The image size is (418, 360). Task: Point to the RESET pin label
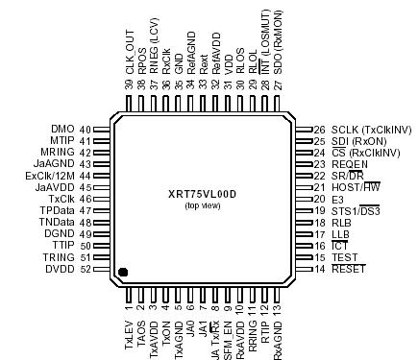pyautogui.click(x=350, y=269)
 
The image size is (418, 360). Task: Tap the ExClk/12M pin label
pyautogui.click(x=52, y=175)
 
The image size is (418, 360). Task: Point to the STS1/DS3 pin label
pyautogui.click(x=356, y=210)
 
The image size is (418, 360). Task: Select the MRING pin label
pyautogui.click(x=60, y=152)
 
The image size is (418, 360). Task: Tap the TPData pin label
pyautogui.click(x=59, y=210)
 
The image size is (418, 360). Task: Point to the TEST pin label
pyautogui.click(x=345, y=257)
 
